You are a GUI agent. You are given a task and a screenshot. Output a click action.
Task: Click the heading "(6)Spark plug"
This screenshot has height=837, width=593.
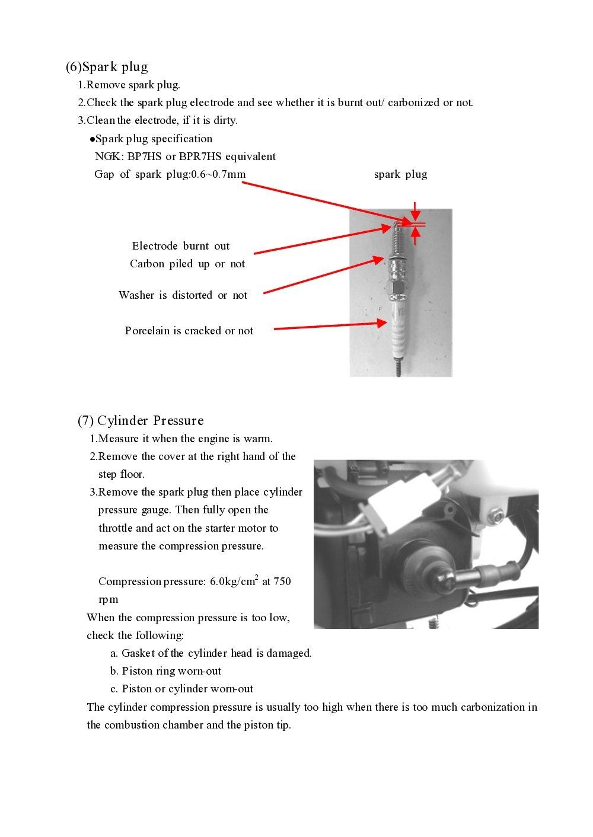107,66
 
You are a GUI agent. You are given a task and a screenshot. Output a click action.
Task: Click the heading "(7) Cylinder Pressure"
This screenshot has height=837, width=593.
141,420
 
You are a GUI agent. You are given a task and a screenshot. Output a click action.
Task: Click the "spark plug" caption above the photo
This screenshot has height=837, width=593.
400,174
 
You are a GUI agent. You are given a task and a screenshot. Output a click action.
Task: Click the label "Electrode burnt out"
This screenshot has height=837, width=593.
180,246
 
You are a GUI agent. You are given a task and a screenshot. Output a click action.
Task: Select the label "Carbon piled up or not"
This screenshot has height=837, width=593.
187,264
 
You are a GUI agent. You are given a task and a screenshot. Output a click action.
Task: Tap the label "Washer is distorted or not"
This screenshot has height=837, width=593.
183,295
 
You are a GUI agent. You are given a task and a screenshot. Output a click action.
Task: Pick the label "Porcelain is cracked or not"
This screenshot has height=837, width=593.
189,331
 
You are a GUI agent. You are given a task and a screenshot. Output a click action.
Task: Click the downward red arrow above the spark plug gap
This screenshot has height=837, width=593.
416,212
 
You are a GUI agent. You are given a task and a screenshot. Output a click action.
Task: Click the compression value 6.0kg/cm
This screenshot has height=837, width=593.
234,582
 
